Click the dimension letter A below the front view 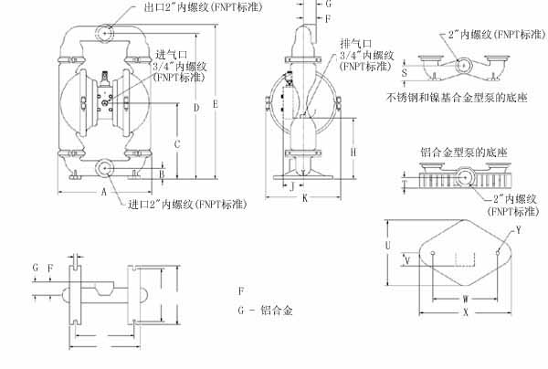pos(104,194)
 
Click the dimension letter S pos(405,68)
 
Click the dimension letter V pos(407,259)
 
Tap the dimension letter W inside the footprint pos(465,298)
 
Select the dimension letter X pos(466,311)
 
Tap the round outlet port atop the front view pos(105,32)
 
